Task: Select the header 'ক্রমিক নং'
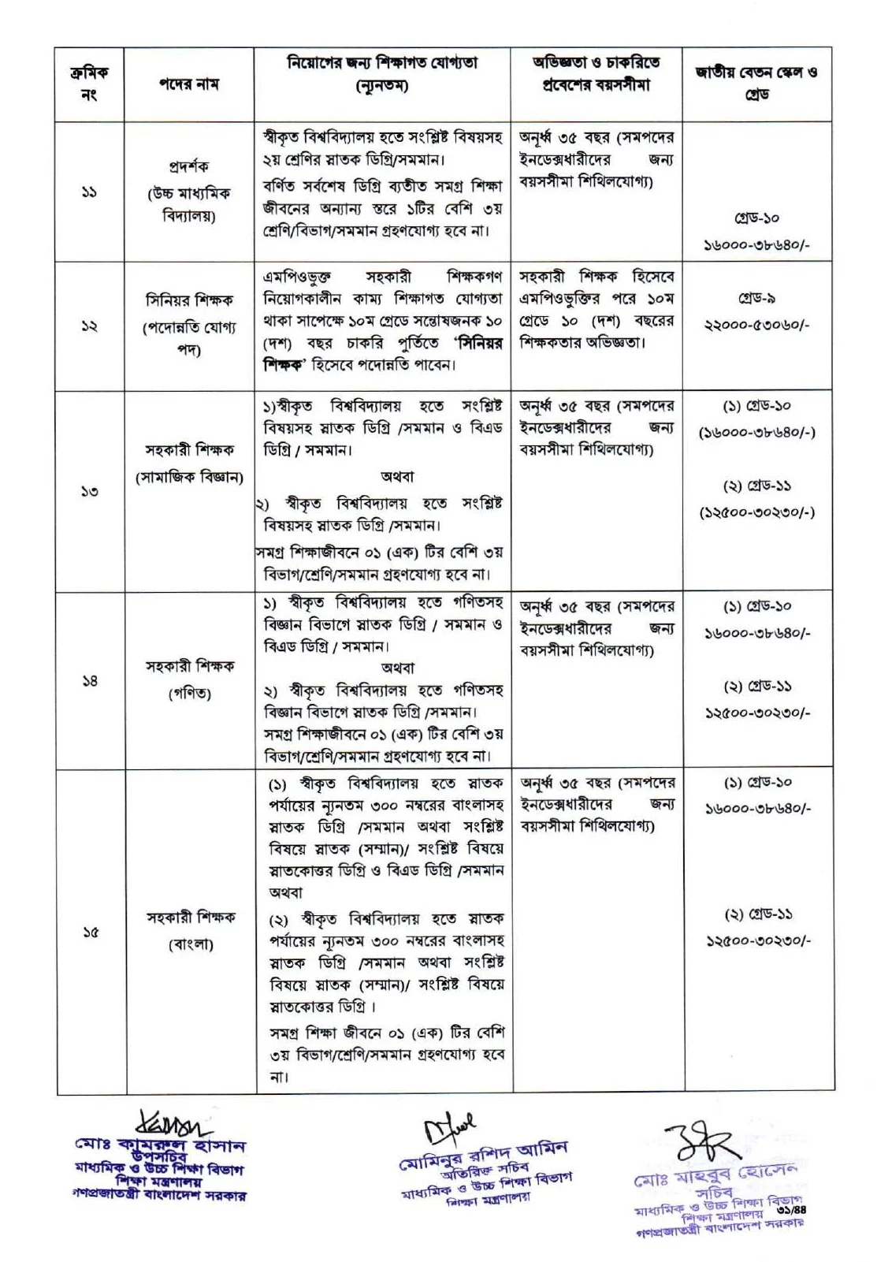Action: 89,84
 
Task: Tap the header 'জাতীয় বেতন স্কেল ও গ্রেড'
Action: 755,84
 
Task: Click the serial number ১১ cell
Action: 89,192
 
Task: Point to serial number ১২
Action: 89,326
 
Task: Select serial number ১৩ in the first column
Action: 89,491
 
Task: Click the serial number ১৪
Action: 89,680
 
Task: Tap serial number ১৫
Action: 89,932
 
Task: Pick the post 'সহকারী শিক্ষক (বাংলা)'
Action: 190,930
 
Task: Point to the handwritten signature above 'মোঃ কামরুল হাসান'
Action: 165,1122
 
